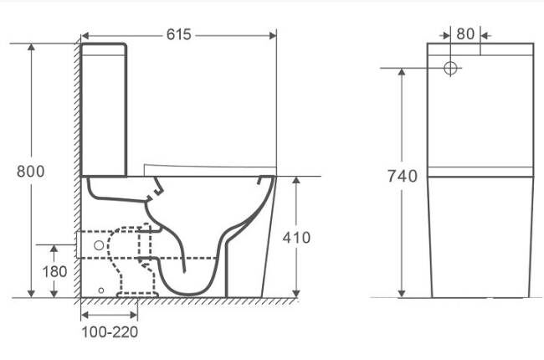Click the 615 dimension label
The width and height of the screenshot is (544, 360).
point(178,34)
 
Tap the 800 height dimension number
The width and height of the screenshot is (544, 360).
point(31,172)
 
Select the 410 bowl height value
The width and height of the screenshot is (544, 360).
point(296,238)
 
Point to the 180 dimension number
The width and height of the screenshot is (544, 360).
point(54,271)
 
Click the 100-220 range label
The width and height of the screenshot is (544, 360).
point(110,332)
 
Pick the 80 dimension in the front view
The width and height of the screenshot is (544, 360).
point(465,34)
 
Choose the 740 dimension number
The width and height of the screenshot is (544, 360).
point(403,177)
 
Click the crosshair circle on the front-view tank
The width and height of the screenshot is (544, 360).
point(450,68)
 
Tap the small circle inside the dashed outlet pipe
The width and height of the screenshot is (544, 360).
point(99,245)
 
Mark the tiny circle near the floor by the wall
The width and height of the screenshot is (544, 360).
point(101,291)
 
